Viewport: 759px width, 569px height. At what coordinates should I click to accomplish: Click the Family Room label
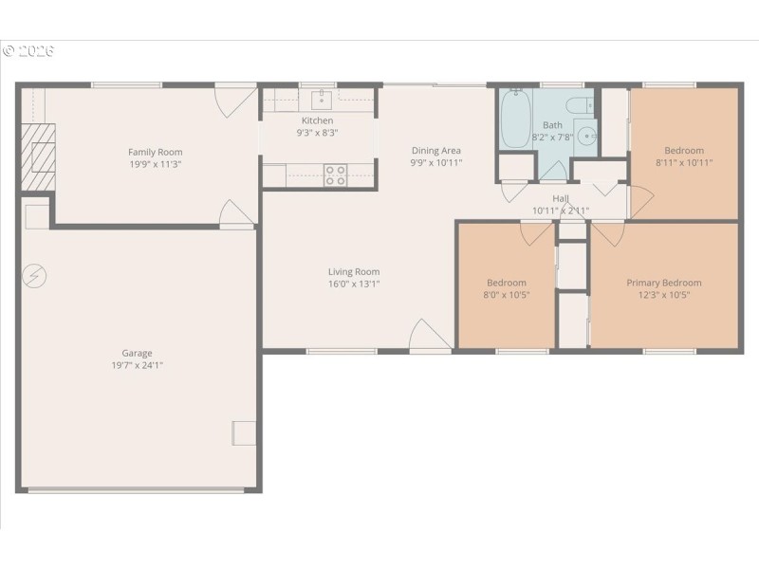[x=156, y=152]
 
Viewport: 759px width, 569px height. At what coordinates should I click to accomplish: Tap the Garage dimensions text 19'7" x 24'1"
[x=137, y=365]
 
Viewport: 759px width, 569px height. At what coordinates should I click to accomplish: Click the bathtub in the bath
[x=515, y=119]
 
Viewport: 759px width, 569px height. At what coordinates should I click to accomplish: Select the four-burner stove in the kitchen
[x=336, y=174]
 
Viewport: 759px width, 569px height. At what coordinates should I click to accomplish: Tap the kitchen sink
[x=320, y=99]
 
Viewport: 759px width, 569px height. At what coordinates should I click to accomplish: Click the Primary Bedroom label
[x=663, y=283]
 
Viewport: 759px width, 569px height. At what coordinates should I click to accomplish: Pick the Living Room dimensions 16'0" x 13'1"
[x=354, y=284]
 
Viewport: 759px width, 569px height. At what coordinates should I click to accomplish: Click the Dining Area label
[x=435, y=150]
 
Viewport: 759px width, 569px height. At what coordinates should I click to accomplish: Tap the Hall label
[x=561, y=198]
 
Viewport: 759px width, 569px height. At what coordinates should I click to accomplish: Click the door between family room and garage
[x=236, y=215]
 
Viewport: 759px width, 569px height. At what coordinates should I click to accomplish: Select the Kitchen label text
[x=317, y=120]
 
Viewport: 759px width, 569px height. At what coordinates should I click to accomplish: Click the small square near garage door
[x=244, y=432]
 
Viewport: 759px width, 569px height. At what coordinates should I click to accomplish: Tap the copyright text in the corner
[x=28, y=50]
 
